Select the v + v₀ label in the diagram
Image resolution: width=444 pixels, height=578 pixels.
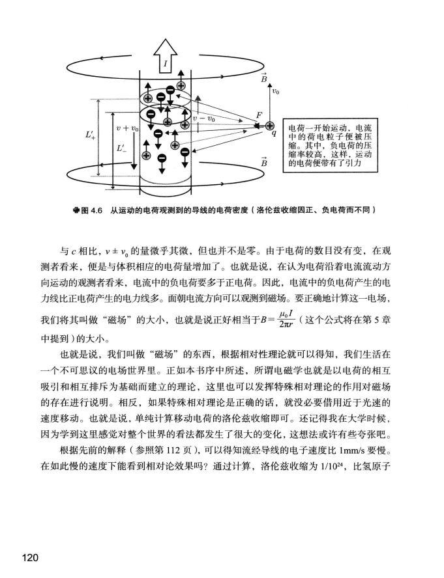pos(127,128)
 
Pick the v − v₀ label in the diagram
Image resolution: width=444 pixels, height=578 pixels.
pos(204,119)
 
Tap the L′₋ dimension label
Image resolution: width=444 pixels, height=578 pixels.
pos(122,148)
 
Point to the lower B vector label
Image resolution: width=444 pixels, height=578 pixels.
pos(264,161)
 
